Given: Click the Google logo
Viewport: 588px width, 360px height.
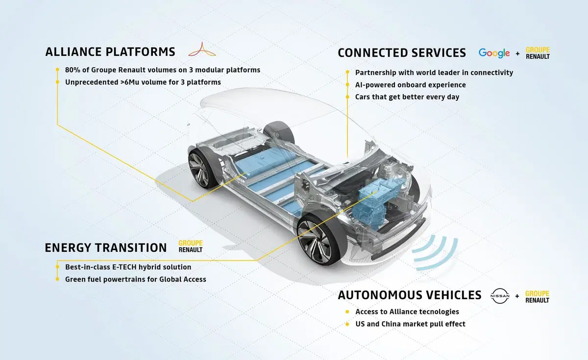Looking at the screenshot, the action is [494, 53].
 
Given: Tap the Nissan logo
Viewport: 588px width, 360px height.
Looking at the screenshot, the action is [500, 296].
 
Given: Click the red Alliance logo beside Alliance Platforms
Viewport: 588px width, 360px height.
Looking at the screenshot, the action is [202, 49].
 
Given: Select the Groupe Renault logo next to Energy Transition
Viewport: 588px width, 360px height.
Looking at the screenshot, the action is [191, 246].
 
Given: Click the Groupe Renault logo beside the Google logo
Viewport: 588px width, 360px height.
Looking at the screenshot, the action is [538, 53].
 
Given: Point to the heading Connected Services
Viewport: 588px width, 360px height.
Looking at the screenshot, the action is [402, 53].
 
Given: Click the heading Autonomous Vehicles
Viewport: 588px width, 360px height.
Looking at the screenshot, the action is [410, 295].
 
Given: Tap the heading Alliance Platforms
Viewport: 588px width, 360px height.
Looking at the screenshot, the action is [110, 52].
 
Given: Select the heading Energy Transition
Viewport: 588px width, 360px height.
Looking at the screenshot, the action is [106, 248].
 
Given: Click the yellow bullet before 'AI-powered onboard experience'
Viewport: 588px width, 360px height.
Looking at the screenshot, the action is [347, 84].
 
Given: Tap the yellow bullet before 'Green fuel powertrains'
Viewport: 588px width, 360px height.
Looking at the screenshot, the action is [57, 279].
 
